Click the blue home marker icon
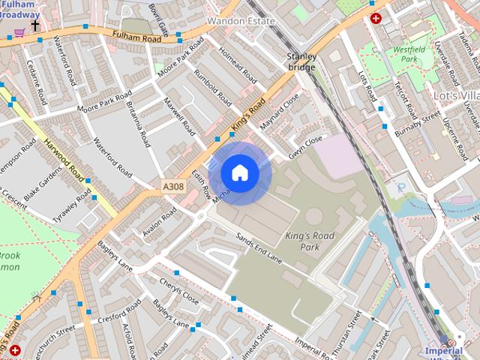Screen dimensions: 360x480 pyautogui.click(x=240, y=173)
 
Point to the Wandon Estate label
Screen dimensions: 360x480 pyautogui.click(x=241, y=21)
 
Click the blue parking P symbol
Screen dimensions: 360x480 pyautogui.click(x=400, y=187)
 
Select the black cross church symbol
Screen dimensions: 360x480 pyautogui.click(x=34, y=25)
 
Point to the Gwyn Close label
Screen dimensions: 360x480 pyautogui.click(x=305, y=148)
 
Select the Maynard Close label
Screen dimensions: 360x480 pyautogui.click(x=279, y=109)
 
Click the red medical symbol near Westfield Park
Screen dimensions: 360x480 pyautogui.click(x=375, y=18)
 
